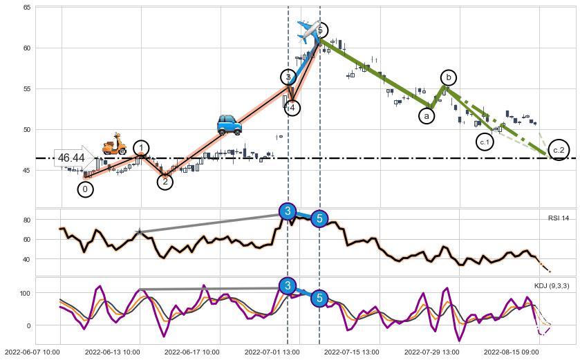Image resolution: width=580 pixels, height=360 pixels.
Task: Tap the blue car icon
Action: (x=229, y=124)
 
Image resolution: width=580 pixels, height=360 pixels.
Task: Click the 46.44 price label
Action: (x=72, y=158)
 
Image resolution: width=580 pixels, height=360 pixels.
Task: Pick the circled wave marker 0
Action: (x=85, y=189)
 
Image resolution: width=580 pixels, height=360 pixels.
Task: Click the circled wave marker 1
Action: (x=141, y=148)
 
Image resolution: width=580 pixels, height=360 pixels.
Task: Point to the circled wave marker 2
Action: (x=165, y=182)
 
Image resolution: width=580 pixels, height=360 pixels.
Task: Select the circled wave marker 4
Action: (x=292, y=108)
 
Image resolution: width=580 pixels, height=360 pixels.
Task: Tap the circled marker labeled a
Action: (x=427, y=116)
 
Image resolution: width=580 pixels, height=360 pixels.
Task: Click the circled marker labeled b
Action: (x=449, y=77)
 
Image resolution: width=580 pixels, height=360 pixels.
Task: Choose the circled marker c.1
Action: (x=485, y=142)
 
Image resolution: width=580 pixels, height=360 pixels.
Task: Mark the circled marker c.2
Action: (x=559, y=150)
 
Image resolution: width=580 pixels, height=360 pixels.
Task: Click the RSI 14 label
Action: (x=558, y=218)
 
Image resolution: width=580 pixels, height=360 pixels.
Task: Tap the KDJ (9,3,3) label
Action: (x=552, y=285)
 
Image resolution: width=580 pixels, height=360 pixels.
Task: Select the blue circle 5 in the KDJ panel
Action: (x=319, y=299)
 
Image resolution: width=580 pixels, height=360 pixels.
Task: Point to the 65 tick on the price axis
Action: (x=27, y=8)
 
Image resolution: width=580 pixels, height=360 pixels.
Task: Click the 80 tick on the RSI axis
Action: (x=27, y=220)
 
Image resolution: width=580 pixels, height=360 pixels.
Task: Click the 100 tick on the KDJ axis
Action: (x=25, y=293)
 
